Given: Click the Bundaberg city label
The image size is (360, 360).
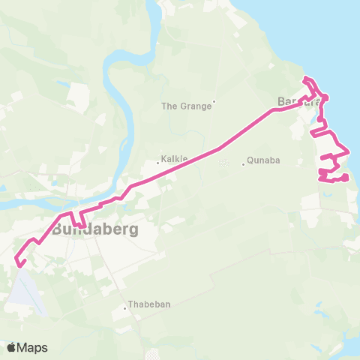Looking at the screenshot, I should pyautogui.click(x=95, y=229).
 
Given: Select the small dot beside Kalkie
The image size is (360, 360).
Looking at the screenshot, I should pyautogui.click(x=157, y=160).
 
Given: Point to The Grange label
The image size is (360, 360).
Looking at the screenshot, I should pyautogui.click(x=187, y=106).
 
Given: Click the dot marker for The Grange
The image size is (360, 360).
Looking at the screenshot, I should pyautogui.click(x=214, y=101).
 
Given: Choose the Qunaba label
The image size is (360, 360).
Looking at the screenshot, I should pyautogui.click(x=263, y=160).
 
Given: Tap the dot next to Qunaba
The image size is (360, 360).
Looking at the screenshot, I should pyautogui.click(x=244, y=164).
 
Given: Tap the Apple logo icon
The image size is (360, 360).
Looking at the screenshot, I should pyautogui.click(x=11, y=347).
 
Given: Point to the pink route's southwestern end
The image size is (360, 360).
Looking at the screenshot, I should pyautogui.click(x=19, y=262).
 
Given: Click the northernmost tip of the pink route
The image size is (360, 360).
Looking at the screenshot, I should pyautogui.click(x=304, y=79).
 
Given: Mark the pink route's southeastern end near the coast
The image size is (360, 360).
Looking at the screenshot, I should pyautogui.click(x=346, y=178).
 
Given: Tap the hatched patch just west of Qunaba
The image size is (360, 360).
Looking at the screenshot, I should pyautogui.click(x=223, y=163).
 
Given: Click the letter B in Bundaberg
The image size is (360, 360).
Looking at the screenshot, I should pyautogui.click(x=59, y=229).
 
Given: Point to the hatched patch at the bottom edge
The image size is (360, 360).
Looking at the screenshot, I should pyautogui.click(x=154, y=354).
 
